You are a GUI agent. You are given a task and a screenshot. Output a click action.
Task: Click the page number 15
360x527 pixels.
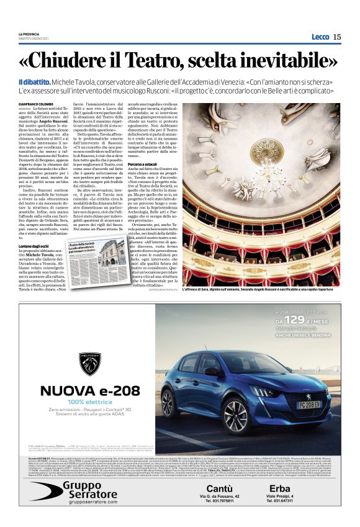click(x=337, y=37)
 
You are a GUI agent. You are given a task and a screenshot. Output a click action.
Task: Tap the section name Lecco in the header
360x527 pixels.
click(x=320, y=37)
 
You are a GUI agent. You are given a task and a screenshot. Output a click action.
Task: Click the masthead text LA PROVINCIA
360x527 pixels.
click(x=29, y=34)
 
